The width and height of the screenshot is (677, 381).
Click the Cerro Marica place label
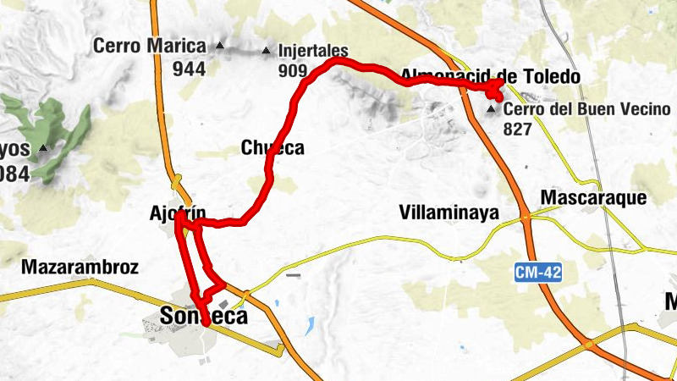coord(150,46)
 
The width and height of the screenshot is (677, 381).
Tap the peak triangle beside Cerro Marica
coord(220,46)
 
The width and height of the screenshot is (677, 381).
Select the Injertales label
coord(313,51)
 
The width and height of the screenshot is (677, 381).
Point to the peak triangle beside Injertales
coord(267,49)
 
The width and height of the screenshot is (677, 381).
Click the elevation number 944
coord(189,69)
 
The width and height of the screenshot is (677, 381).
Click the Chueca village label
coord(272,148)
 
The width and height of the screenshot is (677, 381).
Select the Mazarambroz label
coord(80,268)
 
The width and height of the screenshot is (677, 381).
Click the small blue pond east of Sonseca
coord(310,325)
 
